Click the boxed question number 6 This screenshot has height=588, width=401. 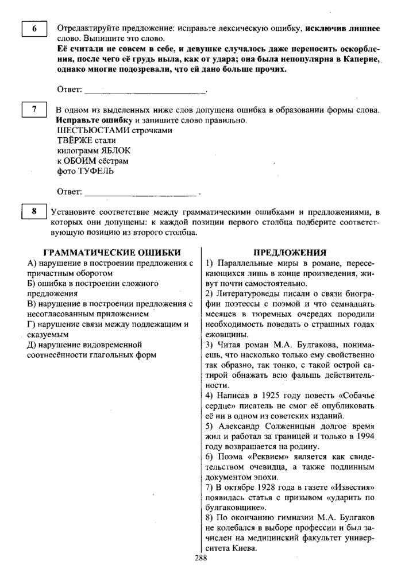coord(34,28)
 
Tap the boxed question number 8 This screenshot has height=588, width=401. coord(34,211)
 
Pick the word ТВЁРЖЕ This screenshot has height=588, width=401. coord(74,141)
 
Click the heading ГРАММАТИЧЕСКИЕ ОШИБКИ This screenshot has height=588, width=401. coord(112,252)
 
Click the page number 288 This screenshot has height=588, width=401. coord(201,558)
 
